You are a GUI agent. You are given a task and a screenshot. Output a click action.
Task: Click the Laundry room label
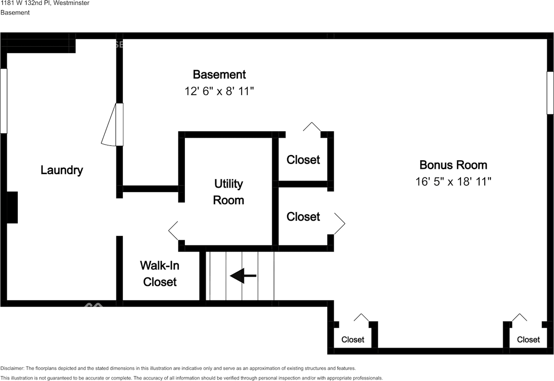[61, 170]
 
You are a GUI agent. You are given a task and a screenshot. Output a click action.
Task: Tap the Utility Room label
[229, 192]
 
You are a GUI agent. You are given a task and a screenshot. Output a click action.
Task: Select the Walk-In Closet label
[160, 274]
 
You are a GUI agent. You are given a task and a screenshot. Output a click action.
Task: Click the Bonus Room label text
[453, 165]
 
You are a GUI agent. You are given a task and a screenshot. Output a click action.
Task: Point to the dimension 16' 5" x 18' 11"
[453, 181]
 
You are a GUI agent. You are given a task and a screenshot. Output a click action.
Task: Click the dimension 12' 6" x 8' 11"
[219, 92]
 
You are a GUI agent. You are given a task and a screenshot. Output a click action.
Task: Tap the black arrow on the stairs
[243, 275]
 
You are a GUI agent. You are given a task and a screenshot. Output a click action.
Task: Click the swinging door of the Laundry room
[111, 126]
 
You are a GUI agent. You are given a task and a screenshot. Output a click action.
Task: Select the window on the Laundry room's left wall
[3, 100]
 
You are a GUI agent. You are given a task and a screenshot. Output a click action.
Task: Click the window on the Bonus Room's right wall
[550, 93]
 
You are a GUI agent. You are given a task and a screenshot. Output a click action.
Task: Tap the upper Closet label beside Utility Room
[303, 160]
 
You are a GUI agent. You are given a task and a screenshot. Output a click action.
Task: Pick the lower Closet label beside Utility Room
[303, 216]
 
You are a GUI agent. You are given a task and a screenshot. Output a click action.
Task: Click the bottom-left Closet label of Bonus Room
[353, 339]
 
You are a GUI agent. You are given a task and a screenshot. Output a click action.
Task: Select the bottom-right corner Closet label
[528, 339]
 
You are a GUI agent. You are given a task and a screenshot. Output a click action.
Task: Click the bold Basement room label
[219, 74]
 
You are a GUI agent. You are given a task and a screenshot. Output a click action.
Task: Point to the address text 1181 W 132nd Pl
[26, 3]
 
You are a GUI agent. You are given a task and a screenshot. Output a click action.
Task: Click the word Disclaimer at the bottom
[13, 368]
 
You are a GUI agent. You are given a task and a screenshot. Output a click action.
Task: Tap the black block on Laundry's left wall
[12, 207]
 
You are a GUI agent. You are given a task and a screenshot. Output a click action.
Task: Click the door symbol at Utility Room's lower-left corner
[174, 230]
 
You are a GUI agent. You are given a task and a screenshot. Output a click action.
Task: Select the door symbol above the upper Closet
[312, 126]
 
